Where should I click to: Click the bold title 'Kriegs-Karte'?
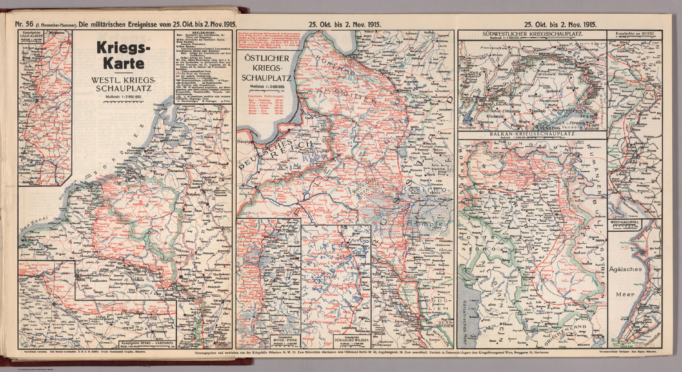click(124, 56)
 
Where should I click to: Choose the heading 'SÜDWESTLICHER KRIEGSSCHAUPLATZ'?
click(531, 34)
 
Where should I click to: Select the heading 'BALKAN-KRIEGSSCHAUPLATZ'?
click(531, 134)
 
